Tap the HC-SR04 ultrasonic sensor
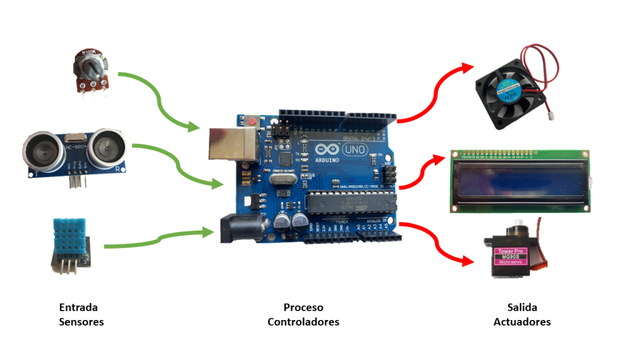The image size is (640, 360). (74, 151)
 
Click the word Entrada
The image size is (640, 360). (78, 307)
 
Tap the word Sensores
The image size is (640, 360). (81, 322)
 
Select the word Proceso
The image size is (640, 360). (304, 307)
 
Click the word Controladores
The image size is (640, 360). (304, 322)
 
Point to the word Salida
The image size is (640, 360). (522, 307)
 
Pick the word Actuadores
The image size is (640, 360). (522, 322)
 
